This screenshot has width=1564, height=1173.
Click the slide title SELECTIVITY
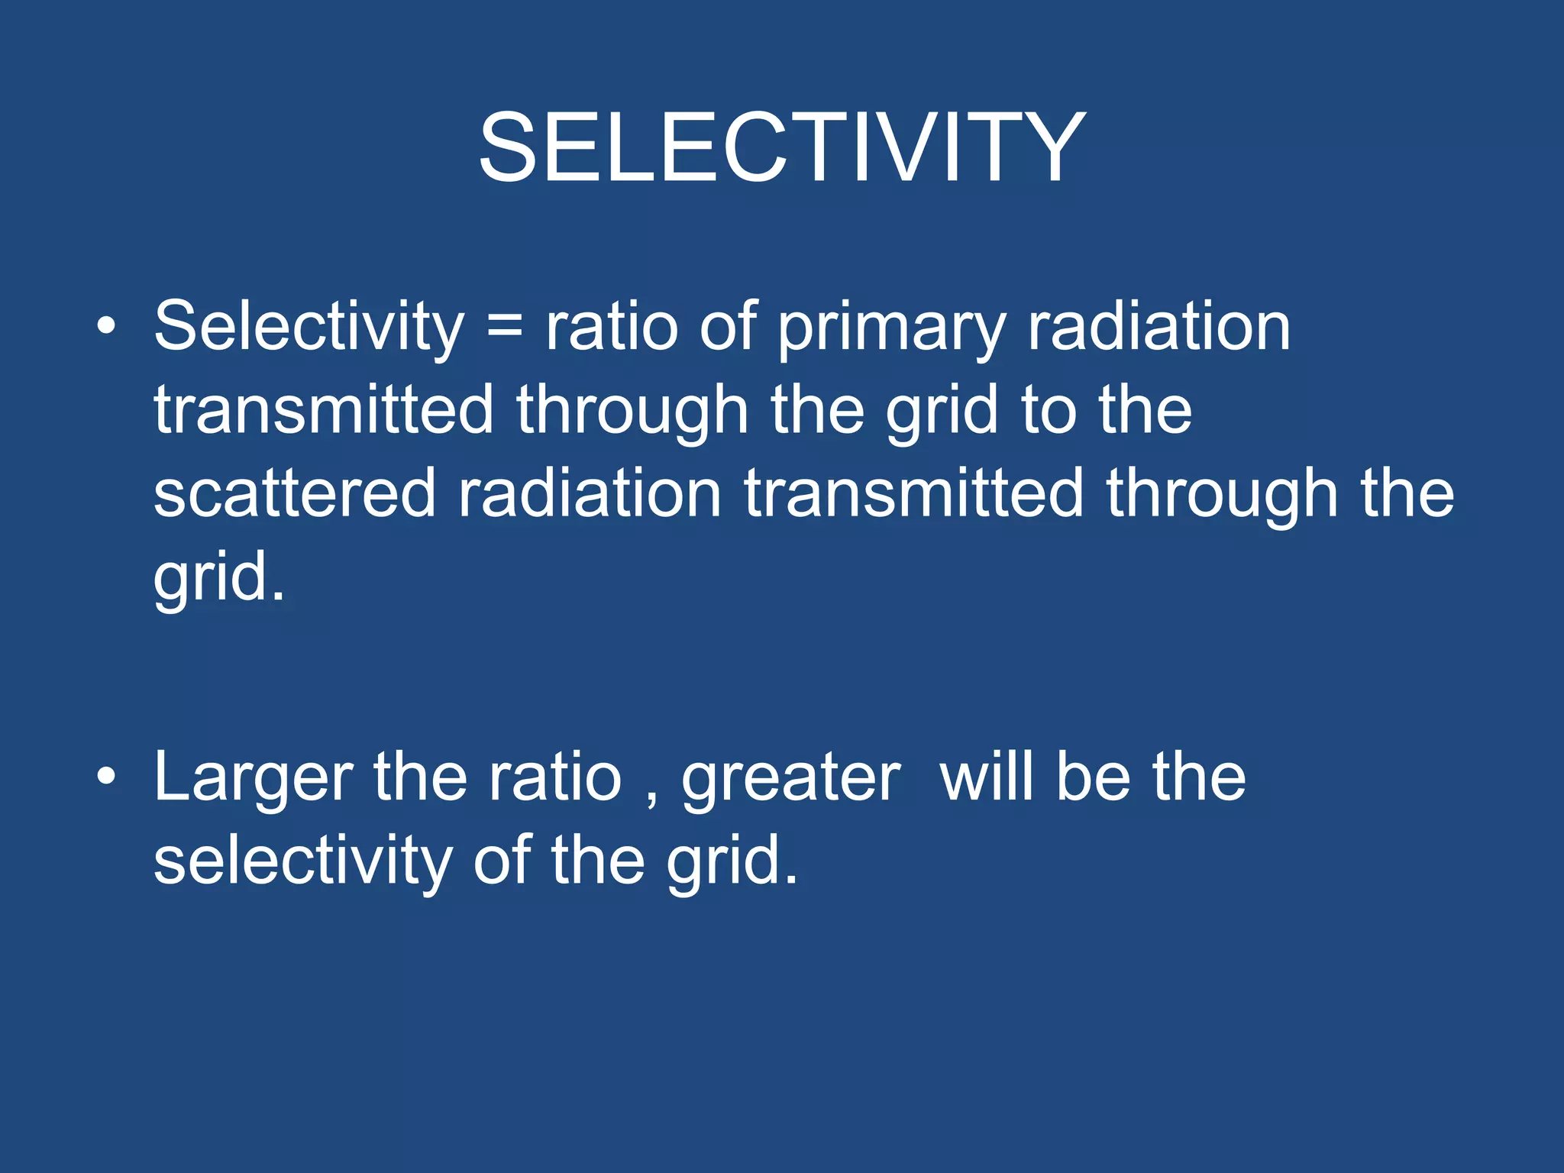click(x=781, y=147)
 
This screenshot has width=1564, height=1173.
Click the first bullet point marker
click(x=106, y=327)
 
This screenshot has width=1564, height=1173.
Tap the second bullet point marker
click(x=106, y=777)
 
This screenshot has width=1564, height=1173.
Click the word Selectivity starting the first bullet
click(x=309, y=327)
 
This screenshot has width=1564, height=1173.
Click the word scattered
click(x=294, y=494)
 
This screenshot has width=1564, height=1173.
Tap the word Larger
click(x=253, y=779)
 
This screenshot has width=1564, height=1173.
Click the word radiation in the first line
click(x=1158, y=327)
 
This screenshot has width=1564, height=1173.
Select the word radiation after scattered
click(x=589, y=494)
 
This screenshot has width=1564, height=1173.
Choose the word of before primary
click(x=728, y=327)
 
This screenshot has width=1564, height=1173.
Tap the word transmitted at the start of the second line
click(x=324, y=411)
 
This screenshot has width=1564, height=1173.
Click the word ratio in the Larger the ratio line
click(x=555, y=779)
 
